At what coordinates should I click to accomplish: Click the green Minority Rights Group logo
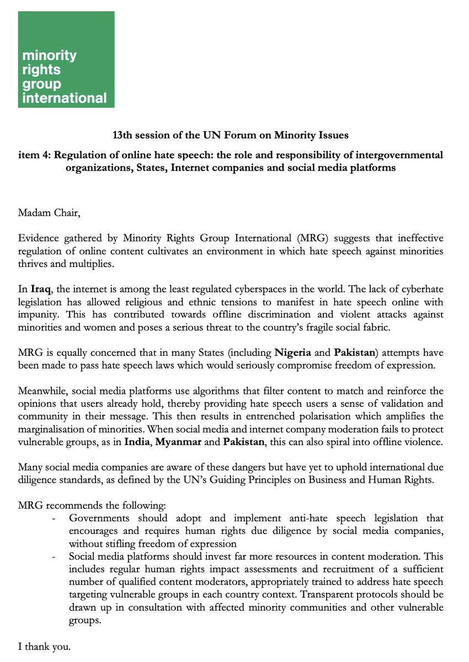tap(66, 60)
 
